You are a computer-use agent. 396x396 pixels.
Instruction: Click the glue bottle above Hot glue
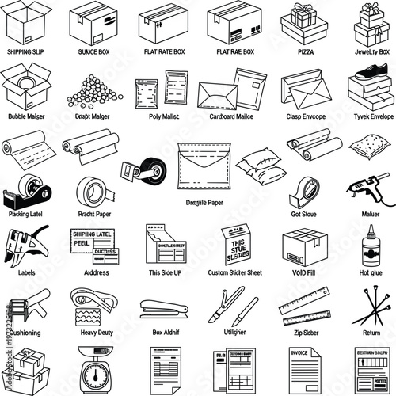371,243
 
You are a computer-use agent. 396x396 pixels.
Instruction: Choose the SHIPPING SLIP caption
26,51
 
